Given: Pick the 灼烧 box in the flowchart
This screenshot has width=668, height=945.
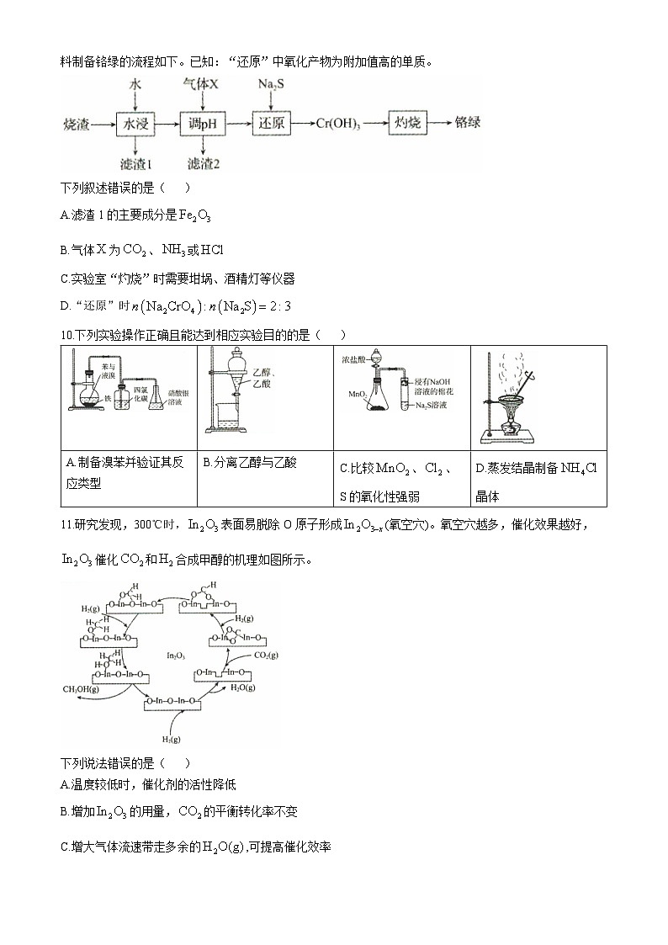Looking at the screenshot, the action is tap(408, 123).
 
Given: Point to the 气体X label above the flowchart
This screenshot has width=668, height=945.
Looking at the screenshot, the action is tap(201, 85).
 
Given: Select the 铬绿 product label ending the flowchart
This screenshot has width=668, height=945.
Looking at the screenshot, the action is tap(468, 123).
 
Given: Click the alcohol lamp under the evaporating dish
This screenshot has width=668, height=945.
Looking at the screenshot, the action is tap(510, 428).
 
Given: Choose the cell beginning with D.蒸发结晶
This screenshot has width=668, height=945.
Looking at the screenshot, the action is tap(536, 480).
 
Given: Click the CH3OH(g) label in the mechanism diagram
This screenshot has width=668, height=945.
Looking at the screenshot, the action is tap(82, 689).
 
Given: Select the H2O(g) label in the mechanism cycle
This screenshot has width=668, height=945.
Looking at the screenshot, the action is tap(243, 688).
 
